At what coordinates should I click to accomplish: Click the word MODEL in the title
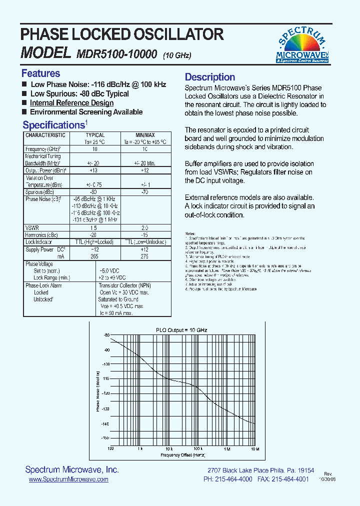tap(44, 52)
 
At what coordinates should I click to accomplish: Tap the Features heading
tap(40, 73)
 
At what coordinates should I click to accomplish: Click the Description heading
tap(210, 77)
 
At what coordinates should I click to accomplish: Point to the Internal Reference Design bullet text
tap(71, 103)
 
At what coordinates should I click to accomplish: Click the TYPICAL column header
tap(95, 135)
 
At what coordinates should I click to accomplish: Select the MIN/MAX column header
tap(145, 135)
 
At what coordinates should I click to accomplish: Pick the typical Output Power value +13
tap(93, 170)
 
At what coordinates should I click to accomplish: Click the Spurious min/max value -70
tap(145, 191)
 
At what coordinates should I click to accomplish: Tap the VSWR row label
tap(32, 227)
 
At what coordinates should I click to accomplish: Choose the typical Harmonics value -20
tap(93, 234)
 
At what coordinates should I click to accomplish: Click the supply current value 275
tap(145, 256)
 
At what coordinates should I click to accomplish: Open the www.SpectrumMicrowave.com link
tap(68, 479)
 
